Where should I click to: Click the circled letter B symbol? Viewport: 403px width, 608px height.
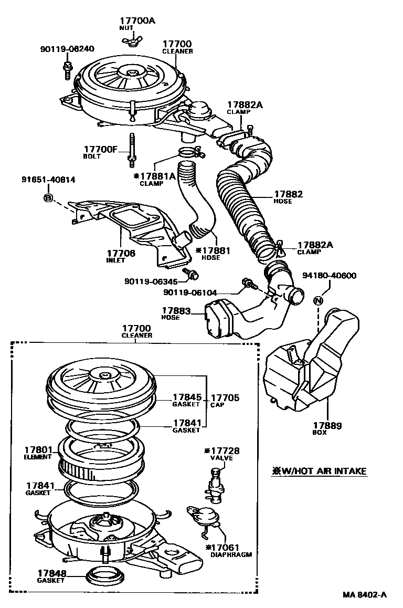(x=47, y=198)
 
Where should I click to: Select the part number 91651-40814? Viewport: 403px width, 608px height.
(x=48, y=180)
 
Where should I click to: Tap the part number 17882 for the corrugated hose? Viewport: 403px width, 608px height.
(x=288, y=195)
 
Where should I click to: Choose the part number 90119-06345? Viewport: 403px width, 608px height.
(x=152, y=281)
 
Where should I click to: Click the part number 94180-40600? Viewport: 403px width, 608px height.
(x=330, y=276)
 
